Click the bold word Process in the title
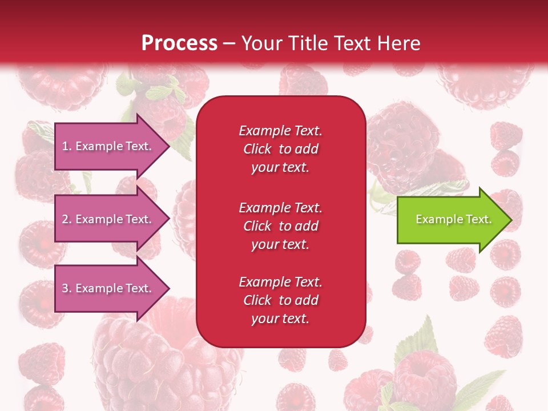click(x=179, y=43)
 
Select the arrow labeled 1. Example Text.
click(x=108, y=146)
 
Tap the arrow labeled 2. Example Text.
click(x=108, y=219)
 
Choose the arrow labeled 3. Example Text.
click(x=108, y=288)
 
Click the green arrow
click(x=451, y=219)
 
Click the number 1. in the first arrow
click(x=67, y=146)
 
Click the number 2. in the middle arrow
click(x=67, y=219)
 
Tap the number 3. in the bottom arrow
click(x=67, y=288)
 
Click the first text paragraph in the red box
click(x=280, y=149)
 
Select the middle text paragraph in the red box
click(x=280, y=225)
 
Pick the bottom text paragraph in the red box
click(x=280, y=300)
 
